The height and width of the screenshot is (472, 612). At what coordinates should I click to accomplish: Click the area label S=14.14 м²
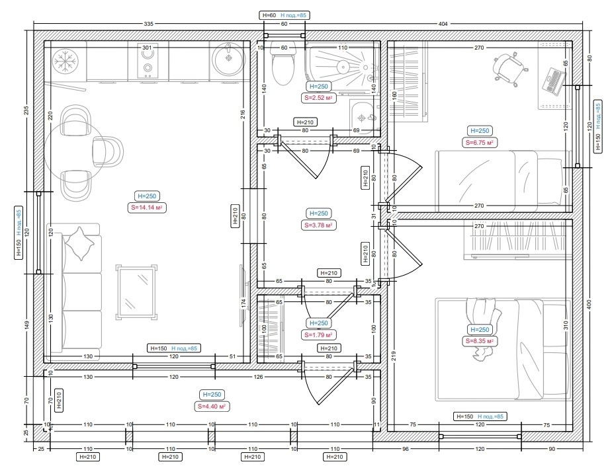pos(147,208)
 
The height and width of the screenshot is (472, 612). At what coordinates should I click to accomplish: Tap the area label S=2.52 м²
pos(319,98)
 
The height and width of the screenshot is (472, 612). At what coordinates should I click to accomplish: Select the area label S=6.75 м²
pos(479,142)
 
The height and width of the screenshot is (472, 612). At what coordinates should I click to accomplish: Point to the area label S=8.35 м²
pos(479,341)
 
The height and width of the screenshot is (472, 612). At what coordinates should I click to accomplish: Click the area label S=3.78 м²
pos(319,225)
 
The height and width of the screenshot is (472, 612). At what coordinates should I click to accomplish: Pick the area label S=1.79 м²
pos(319,334)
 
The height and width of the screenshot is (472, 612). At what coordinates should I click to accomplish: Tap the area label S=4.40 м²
pos(212,406)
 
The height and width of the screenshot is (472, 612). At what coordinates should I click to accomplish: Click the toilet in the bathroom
pos(283,66)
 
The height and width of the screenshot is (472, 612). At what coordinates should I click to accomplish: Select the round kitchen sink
pos(229,59)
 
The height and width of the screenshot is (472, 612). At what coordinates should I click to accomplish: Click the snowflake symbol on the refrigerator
pos(66,61)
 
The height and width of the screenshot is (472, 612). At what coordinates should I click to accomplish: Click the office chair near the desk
pos(508,67)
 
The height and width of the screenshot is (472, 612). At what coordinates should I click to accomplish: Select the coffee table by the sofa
pos(136,292)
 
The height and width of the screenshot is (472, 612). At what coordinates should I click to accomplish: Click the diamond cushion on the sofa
pos(79,243)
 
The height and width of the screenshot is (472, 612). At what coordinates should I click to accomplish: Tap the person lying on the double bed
pos(483,329)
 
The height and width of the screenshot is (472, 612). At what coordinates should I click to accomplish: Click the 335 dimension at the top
pos(149,24)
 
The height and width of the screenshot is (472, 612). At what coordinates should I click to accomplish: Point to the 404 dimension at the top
pos(443,24)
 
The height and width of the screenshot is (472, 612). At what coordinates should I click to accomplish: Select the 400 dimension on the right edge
pos(590,304)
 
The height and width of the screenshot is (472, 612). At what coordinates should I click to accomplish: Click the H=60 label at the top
pos(269,16)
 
